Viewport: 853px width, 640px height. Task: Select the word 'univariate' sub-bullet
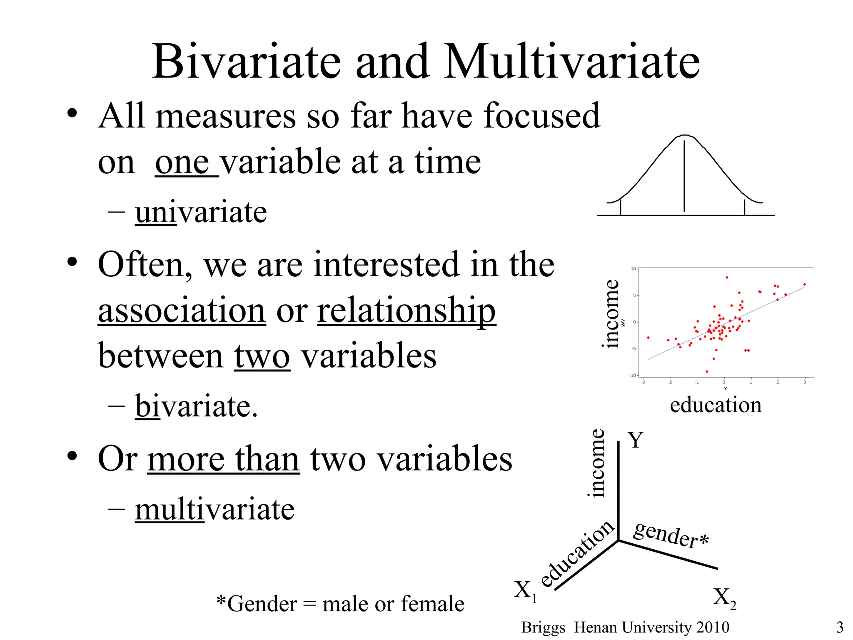click(201, 212)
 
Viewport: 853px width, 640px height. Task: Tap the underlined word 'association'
click(182, 310)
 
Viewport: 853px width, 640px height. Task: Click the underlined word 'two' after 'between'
click(262, 357)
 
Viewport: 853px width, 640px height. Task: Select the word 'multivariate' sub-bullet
click(214, 509)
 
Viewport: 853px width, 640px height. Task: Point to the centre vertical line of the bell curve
click(684, 175)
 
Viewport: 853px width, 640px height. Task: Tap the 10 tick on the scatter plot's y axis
click(633, 269)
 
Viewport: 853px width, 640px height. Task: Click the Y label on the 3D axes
click(636, 440)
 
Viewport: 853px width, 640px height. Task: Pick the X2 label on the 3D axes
click(724, 598)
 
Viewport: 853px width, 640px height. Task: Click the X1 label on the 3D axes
click(525, 591)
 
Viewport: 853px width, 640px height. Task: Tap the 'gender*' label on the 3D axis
click(671, 535)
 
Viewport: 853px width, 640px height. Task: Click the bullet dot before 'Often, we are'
click(72, 262)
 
